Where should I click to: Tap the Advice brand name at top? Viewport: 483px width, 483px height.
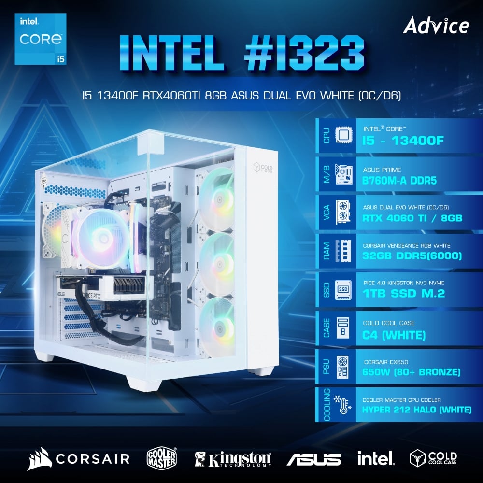click(x=436, y=26)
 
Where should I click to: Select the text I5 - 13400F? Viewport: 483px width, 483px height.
click(x=402, y=140)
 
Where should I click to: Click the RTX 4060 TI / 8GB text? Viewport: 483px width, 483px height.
click(x=412, y=218)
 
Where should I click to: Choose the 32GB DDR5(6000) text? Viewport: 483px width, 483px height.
click(x=412, y=256)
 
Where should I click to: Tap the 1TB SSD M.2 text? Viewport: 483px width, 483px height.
click(x=402, y=294)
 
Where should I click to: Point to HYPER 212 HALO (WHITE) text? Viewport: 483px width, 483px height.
click(x=417, y=410)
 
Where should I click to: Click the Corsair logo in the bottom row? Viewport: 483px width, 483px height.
click(x=79, y=458)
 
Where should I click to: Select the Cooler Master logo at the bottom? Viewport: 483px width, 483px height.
click(x=161, y=458)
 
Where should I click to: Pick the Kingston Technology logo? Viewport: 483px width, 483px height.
click(x=233, y=458)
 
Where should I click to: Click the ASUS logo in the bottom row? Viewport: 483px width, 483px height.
click(x=313, y=459)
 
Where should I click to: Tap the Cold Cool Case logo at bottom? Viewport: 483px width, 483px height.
click(x=433, y=458)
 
